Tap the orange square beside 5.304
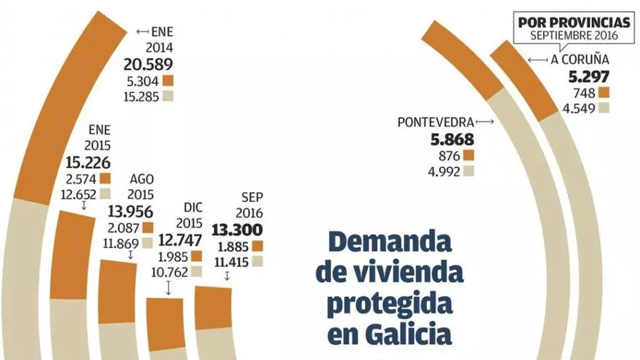[169, 80]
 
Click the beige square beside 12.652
[105, 193]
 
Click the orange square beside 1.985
[195, 257]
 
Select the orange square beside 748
[603, 93]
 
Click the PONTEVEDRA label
[436, 121]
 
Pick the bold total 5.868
[452, 140]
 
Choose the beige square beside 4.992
[468, 172]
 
